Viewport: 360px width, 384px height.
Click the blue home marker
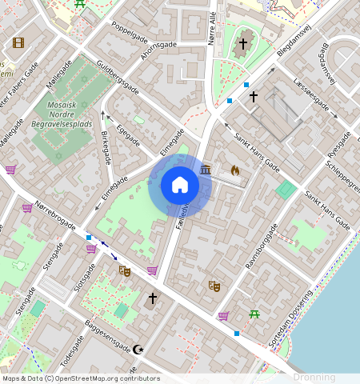click(180, 186)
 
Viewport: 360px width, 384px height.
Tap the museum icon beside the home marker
click(206, 170)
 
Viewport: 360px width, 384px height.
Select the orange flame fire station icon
click(234, 170)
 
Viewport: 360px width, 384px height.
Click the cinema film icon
click(18, 42)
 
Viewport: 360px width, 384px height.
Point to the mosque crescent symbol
click(138, 349)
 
